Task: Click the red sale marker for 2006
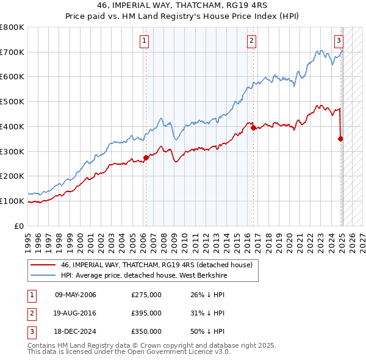click(x=146, y=157)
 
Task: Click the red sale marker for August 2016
click(x=253, y=128)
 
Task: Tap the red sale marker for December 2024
click(x=340, y=139)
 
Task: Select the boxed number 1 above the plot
click(x=145, y=41)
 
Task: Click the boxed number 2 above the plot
click(x=251, y=41)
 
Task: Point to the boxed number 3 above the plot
click(x=339, y=41)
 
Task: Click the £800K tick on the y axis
click(x=12, y=27)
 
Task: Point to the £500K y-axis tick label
click(x=12, y=102)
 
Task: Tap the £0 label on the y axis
click(x=18, y=226)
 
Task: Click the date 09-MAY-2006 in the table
click(x=76, y=295)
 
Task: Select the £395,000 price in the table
click(x=146, y=313)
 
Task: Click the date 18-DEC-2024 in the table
click(x=76, y=331)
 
